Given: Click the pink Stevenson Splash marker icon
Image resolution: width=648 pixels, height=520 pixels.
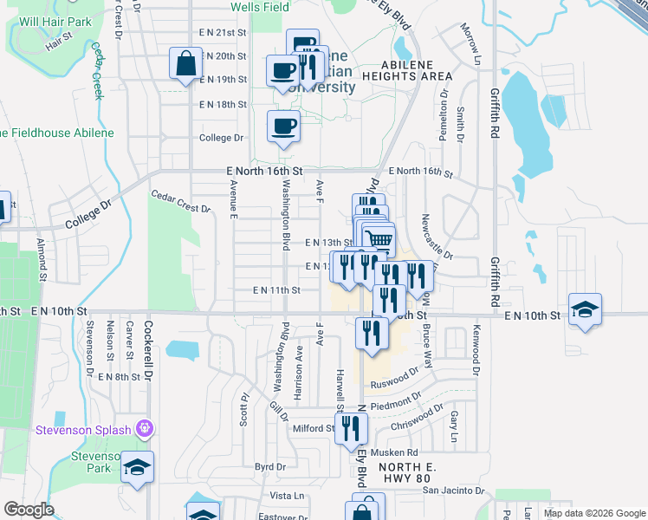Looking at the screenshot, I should tap(145, 428).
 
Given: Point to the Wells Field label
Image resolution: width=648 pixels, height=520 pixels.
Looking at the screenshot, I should tap(259, 6).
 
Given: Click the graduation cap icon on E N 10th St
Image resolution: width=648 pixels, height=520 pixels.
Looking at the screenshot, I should tap(586, 309).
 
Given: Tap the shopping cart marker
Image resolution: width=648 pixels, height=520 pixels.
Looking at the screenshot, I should tap(378, 238).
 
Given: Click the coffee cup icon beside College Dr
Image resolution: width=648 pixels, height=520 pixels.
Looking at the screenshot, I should tap(283, 127).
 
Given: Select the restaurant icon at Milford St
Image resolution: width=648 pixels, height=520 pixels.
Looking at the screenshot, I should tap(351, 427).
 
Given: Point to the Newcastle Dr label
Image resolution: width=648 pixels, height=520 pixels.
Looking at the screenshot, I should tap(437, 237).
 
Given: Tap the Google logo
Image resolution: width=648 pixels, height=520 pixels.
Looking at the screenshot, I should tap(29, 510).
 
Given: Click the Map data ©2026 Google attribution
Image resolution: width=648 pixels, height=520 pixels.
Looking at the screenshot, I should tap(593, 513).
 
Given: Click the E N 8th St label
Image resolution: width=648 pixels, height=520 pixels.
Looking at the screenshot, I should tap(119, 377).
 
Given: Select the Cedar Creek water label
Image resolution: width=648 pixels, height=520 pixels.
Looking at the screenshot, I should tap(97, 71).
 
